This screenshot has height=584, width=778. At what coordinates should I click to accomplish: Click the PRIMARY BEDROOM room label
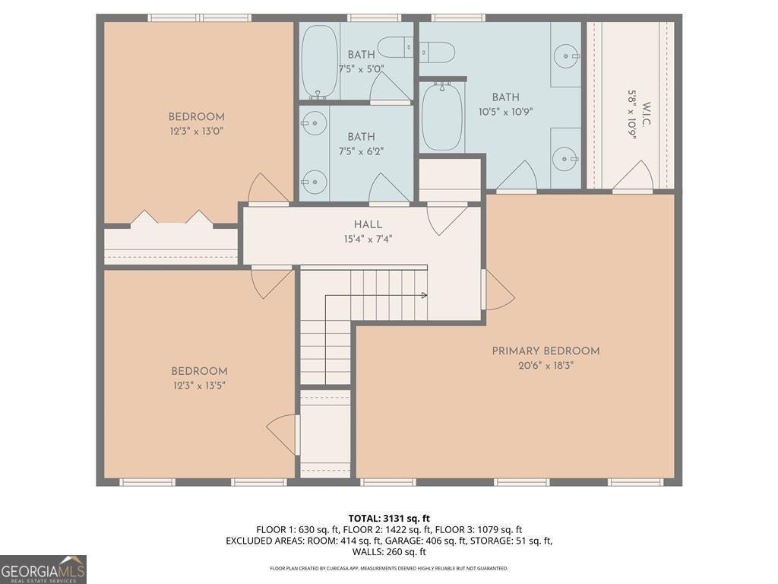(x=546, y=351)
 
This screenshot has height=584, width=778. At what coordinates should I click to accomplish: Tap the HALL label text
(x=368, y=224)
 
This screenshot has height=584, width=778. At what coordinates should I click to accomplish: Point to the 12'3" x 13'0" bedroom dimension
(x=196, y=131)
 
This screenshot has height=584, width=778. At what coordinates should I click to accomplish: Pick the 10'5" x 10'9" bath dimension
(x=505, y=111)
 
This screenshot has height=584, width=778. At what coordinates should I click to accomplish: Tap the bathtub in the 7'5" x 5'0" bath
(x=314, y=61)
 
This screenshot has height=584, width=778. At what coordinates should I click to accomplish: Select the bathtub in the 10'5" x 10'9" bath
(x=442, y=117)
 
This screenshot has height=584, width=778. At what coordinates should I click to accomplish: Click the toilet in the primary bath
(x=438, y=52)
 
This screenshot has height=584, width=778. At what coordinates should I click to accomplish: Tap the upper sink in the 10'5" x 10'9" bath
(x=565, y=56)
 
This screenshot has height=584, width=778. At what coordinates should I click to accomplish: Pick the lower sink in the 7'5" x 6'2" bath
(x=313, y=182)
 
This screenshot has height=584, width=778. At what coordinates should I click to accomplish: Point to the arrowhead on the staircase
(x=423, y=295)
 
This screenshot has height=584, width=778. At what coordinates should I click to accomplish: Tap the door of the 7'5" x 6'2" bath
(x=388, y=190)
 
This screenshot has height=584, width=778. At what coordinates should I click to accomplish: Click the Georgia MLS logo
(x=43, y=569)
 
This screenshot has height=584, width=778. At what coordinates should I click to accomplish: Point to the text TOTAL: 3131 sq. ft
(x=388, y=519)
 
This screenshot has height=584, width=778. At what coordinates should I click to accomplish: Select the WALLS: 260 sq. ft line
(x=388, y=552)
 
